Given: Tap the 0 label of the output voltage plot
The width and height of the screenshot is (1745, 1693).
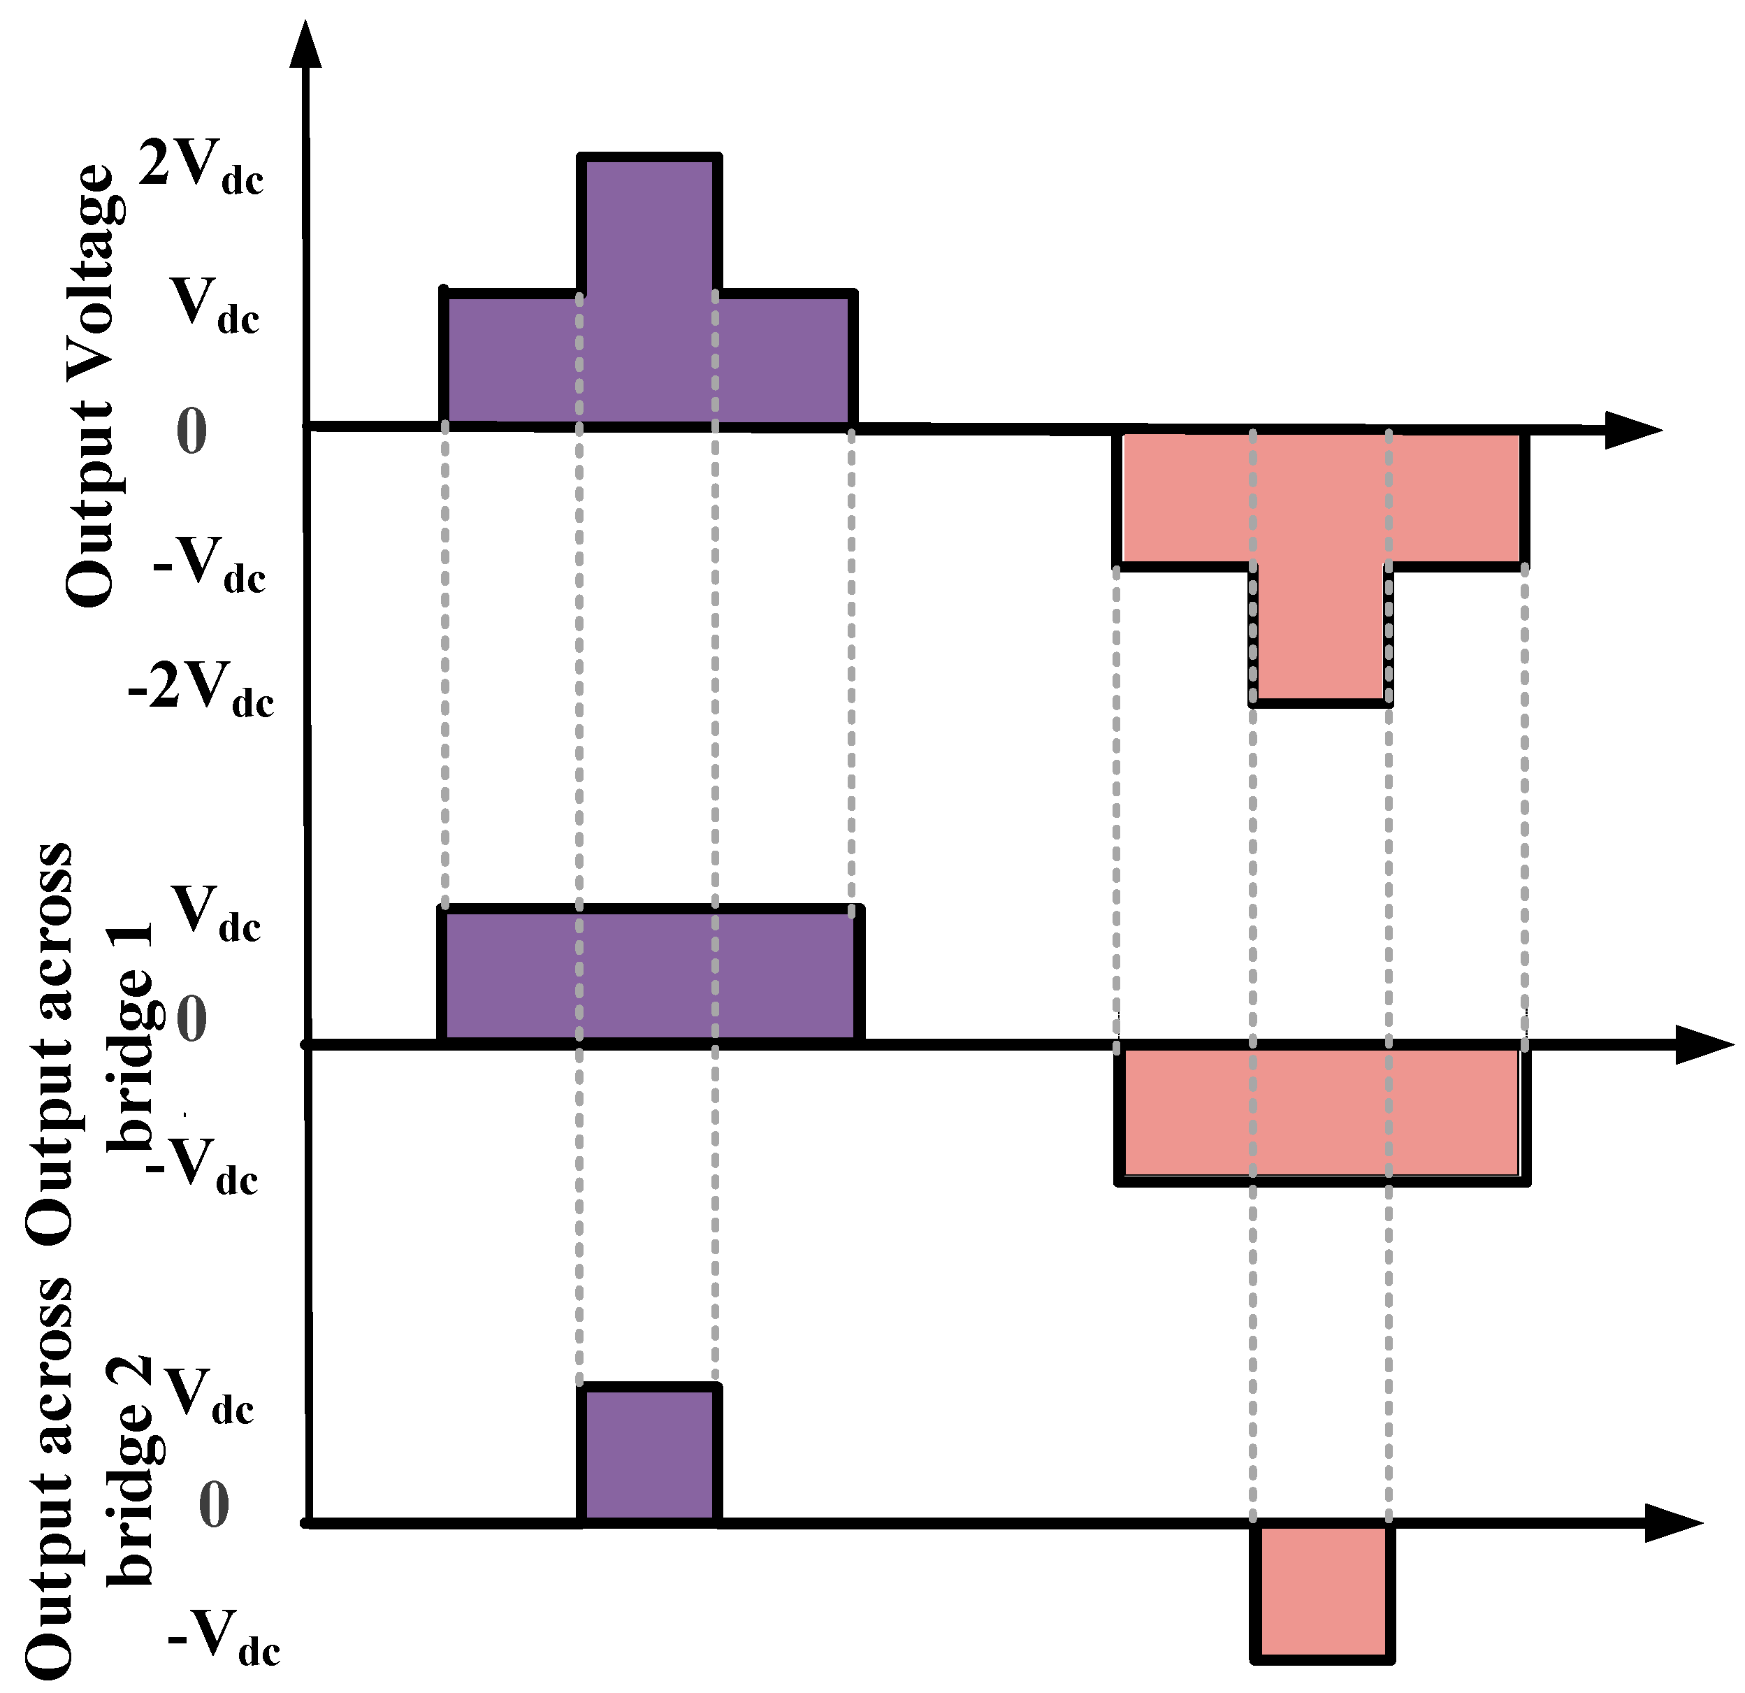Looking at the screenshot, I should coord(191,431).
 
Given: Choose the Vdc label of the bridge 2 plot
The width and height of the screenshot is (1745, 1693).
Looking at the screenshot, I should coord(210,1411).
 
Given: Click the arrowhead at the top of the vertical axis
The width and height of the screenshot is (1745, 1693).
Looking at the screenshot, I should coord(306,45).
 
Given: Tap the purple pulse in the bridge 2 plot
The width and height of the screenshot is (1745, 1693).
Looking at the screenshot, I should coord(649,1455).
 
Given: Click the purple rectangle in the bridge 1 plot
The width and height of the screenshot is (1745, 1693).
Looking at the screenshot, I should coord(650,976).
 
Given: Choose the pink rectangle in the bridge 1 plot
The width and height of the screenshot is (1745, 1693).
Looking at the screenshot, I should coord(1322,1114).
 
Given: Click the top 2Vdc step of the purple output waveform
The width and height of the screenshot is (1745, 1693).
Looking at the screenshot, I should coord(649,223).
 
